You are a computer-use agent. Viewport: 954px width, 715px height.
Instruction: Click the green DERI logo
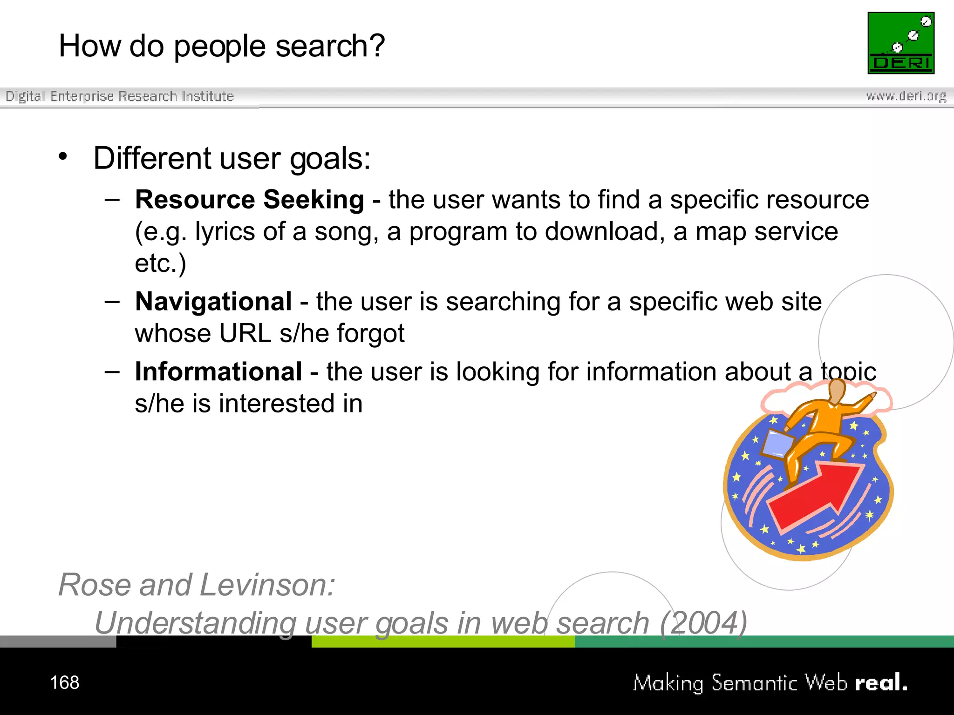point(901,43)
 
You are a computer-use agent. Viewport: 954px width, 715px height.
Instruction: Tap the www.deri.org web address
point(906,96)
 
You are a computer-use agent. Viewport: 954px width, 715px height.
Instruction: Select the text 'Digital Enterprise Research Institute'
point(120,96)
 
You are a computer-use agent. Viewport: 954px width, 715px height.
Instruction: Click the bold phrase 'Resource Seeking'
point(250,200)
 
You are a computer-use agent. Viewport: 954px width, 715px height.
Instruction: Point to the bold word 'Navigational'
point(213,302)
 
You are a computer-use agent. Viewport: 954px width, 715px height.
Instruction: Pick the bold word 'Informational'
point(218,371)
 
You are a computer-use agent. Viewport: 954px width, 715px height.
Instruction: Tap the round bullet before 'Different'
point(63,156)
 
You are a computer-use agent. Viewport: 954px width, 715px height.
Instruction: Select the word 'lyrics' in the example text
point(225,231)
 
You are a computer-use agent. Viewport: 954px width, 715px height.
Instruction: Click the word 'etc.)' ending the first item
point(160,263)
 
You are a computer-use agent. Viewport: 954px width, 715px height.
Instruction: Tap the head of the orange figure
point(837,390)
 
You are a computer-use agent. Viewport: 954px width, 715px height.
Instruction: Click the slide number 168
point(64,682)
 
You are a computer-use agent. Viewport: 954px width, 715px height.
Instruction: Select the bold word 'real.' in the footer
point(881,683)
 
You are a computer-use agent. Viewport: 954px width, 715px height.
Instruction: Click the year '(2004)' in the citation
point(703,623)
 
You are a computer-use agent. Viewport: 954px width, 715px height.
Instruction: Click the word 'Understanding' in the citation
point(195,623)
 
